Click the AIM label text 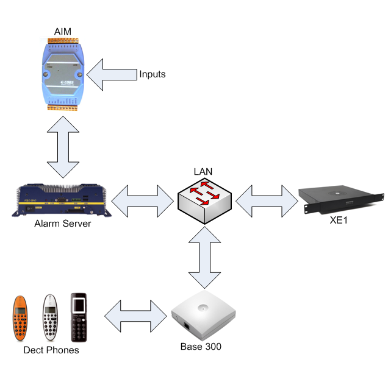pos(63,30)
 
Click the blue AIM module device pos(64,75)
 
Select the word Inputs pos(152,74)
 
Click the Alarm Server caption pos(63,224)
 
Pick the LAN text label pos(204,172)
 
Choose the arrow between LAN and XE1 pos(265,199)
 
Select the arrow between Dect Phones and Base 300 pos(136,316)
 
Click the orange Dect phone pos(21,319)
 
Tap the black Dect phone pos(79,317)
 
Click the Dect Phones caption pos(51,350)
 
